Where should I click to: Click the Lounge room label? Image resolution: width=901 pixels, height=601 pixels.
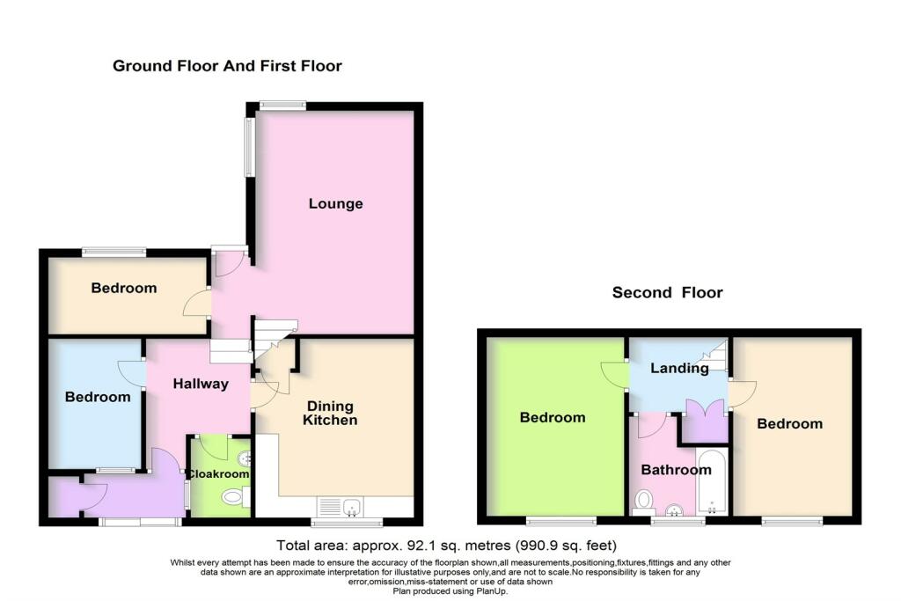pyautogui.click(x=335, y=204)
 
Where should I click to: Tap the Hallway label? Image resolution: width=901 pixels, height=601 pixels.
pyautogui.click(x=201, y=384)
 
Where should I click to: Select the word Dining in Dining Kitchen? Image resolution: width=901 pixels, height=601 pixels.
pyautogui.click(x=330, y=406)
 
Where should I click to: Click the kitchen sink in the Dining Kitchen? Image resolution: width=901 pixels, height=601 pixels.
pyautogui.click(x=351, y=506)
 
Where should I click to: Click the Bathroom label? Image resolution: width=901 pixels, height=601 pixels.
pyautogui.click(x=676, y=470)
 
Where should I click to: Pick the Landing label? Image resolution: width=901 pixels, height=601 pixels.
pyautogui.click(x=679, y=369)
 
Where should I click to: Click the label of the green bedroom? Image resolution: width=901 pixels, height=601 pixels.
pyautogui.click(x=552, y=417)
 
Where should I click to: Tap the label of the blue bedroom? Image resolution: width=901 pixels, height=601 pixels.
pyautogui.click(x=98, y=397)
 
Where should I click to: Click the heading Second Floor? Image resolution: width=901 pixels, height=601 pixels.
pyautogui.click(x=667, y=293)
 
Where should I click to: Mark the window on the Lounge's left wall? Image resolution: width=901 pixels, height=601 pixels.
pyautogui.click(x=249, y=146)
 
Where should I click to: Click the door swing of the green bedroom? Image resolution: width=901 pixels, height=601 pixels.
pyautogui.click(x=612, y=375)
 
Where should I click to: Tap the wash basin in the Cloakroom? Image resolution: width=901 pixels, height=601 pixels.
pyautogui.click(x=245, y=458)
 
